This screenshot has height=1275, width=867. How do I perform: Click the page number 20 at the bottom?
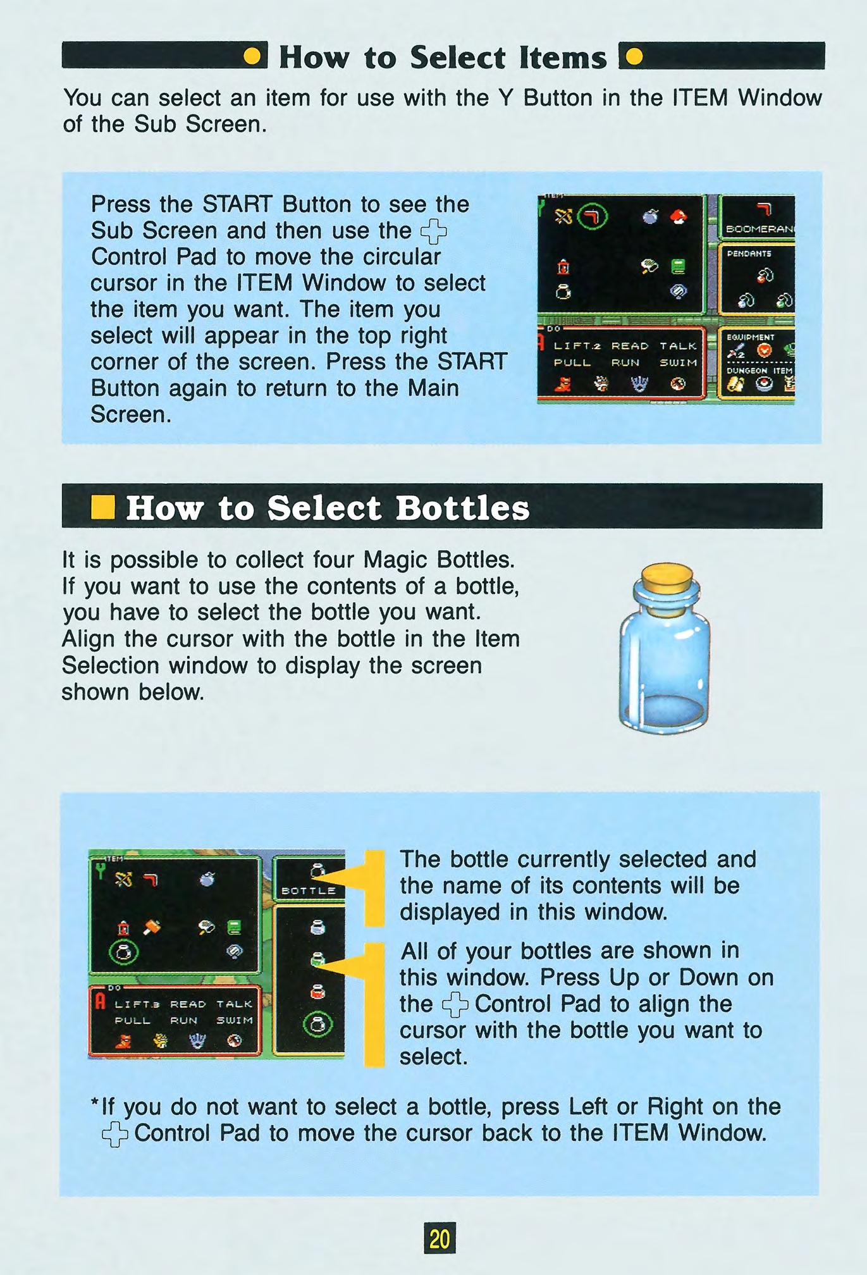(x=440, y=1238)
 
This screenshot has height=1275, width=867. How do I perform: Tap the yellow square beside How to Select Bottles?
(x=102, y=507)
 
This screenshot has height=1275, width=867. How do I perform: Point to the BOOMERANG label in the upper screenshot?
(x=759, y=230)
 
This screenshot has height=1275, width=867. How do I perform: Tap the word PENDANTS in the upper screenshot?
(x=749, y=254)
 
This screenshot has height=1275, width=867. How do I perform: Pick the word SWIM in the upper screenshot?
(x=678, y=362)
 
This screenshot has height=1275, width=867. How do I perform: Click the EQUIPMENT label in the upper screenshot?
(x=750, y=337)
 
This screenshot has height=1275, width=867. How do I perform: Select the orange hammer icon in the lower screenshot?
(x=152, y=927)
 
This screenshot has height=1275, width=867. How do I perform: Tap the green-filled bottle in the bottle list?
(x=317, y=959)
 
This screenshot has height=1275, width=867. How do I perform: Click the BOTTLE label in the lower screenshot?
(x=309, y=890)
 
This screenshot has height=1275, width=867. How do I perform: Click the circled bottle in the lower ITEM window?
(x=124, y=952)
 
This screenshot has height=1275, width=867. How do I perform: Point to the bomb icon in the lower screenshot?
(x=207, y=878)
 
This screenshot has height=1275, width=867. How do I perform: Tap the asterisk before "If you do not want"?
(x=95, y=1102)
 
